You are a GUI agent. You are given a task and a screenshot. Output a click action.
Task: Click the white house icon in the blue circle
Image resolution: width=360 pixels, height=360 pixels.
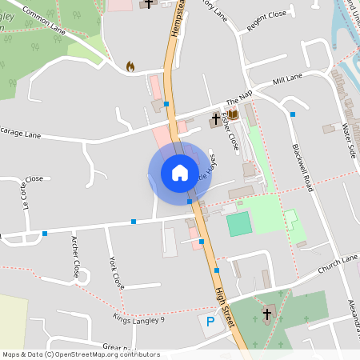(180, 173)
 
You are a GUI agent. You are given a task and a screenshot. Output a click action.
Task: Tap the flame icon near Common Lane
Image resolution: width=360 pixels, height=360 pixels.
(131, 66)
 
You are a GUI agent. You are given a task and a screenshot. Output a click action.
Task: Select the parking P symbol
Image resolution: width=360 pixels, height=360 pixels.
(210, 322)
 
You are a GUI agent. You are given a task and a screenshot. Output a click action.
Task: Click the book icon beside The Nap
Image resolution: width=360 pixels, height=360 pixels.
(233, 115)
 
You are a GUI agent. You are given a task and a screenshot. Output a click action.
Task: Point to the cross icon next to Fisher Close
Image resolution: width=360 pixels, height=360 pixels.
(215, 122)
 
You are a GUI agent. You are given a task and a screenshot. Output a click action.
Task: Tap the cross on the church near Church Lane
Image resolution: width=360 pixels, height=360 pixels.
(267, 314)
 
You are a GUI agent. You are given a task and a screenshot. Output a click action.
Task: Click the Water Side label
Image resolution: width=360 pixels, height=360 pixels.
(349, 140)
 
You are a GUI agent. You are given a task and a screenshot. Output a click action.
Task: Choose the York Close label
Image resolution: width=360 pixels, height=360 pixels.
(117, 273)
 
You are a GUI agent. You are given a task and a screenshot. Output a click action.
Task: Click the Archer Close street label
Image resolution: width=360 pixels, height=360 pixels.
(78, 255)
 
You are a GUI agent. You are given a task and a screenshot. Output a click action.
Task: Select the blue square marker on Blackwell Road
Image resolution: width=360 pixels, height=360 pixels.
(293, 114)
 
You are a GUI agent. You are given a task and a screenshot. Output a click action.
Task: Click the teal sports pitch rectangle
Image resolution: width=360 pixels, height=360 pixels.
(238, 224)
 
